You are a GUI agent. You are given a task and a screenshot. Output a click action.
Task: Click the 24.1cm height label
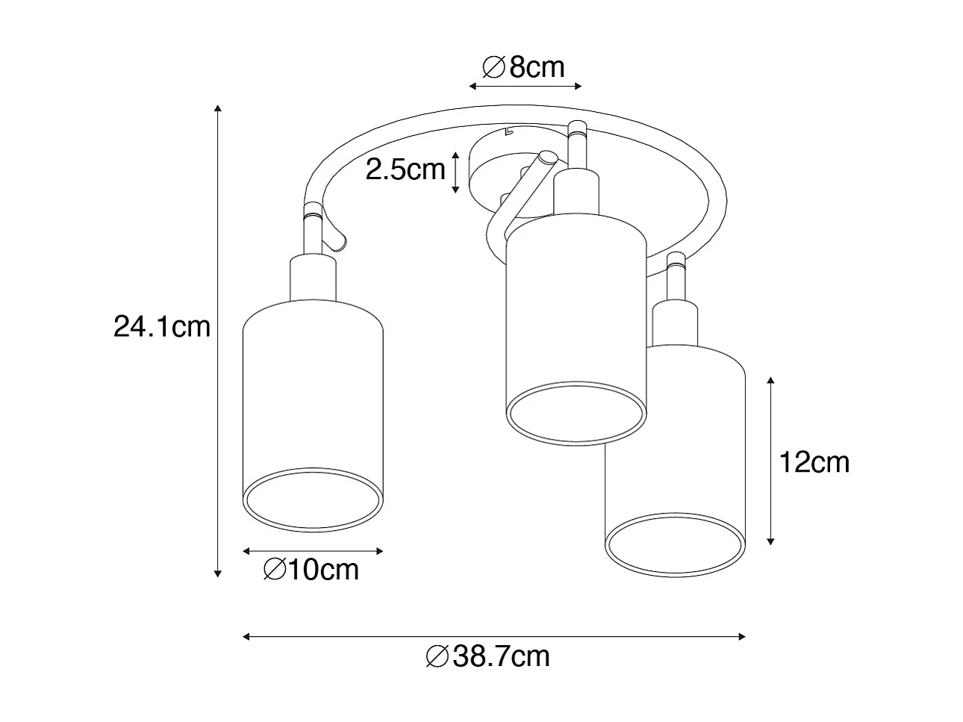(162, 326)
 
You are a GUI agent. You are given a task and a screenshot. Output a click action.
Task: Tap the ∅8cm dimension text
(524, 68)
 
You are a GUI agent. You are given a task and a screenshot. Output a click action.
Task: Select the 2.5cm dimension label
(405, 170)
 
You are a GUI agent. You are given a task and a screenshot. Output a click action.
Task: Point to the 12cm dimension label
(814, 463)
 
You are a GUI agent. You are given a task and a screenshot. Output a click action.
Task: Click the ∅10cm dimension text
(311, 570)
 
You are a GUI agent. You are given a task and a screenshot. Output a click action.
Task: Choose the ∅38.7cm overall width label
(487, 656)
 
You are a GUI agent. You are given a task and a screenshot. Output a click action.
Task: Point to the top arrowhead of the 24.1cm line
(217, 108)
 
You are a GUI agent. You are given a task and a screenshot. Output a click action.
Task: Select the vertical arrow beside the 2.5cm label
(455, 172)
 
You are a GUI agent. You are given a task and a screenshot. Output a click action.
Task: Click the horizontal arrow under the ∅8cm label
(525, 87)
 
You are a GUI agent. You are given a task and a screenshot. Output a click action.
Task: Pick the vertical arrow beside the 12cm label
(771, 461)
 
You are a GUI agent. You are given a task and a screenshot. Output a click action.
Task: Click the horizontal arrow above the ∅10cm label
(314, 551)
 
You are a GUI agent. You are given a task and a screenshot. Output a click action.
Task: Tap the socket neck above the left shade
(314, 279)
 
